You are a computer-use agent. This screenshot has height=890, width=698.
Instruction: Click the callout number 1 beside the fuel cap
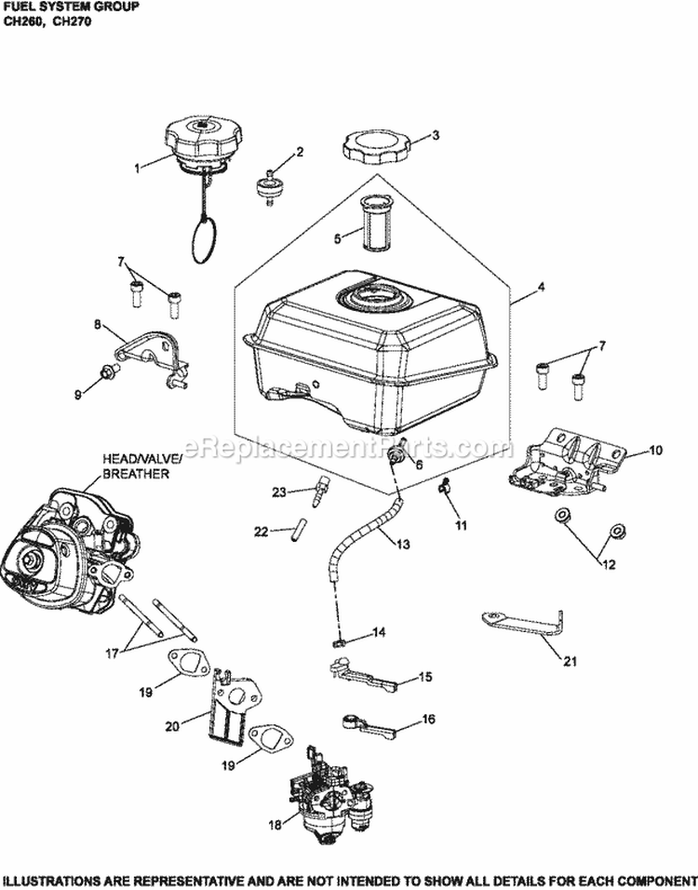tap(137, 169)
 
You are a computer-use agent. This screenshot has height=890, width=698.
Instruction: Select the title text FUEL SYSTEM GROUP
tap(69, 7)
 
